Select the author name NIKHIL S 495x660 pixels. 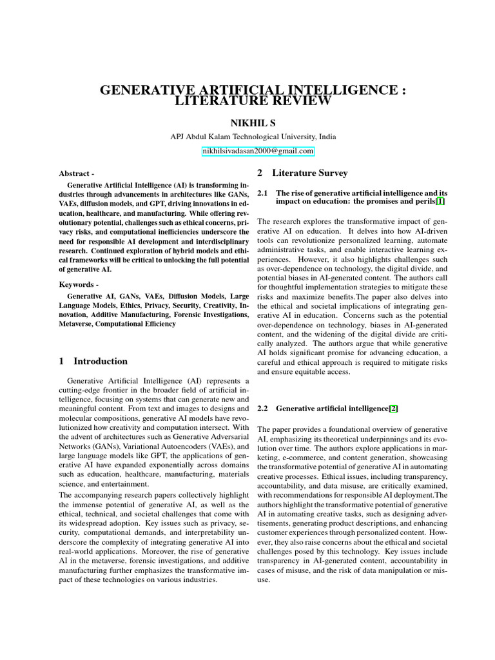tap(247, 122)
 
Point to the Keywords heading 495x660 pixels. tap(79, 283)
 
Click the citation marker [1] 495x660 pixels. tap(440, 201)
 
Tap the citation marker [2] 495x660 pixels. tap(394, 409)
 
